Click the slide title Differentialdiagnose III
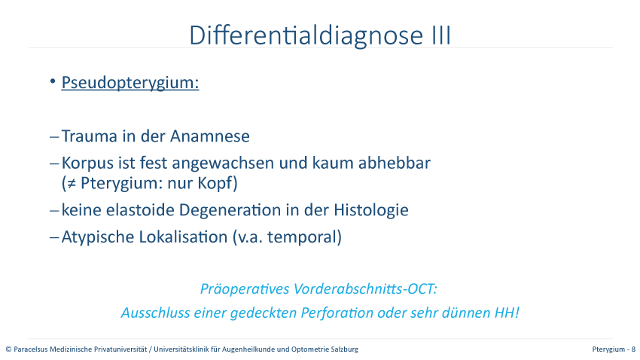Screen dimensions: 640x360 pyautogui.click(x=320, y=35)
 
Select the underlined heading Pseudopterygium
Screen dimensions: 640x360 pyautogui.click(x=130, y=83)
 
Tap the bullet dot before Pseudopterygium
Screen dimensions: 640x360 pyautogui.click(x=53, y=81)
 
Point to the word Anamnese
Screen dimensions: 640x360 pyautogui.click(x=210, y=136)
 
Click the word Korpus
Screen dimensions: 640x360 pyautogui.click(x=88, y=163)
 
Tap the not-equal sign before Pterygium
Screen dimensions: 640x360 pyautogui.click(x=72, y=184)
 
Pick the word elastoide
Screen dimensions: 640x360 pyautogui.click(x=140, y=210)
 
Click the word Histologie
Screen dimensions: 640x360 pyautogui.click(x=371, y=211)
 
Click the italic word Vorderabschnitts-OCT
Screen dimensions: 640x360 pyautogui.click(x=365, y=289)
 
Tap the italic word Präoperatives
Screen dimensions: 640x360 pyautogui.click(x=245, y=289)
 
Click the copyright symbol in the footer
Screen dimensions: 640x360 pyautogui.click(x=8, y=349)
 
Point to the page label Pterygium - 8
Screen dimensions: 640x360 pyautogui.click(x=614, y=349)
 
